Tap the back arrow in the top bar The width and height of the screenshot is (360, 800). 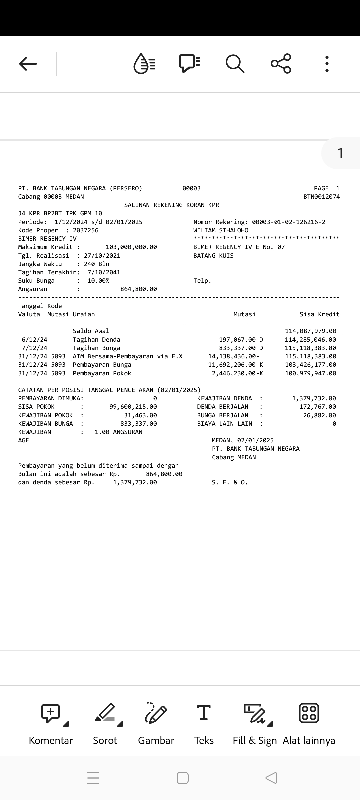click(x=28, y=64)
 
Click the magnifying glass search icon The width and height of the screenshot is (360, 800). click(x=235, y=63)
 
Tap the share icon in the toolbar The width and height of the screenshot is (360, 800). click(x=281, y=63)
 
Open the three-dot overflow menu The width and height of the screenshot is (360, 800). click(x=327, y=64)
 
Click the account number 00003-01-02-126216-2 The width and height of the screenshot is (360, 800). click(x=289, y=222)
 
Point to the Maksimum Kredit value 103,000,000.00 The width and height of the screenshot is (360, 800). click(x=131, y=247)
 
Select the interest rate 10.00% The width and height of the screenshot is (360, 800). click(x=98, y=281)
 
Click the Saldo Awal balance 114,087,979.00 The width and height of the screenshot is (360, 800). click(x=311, y=331)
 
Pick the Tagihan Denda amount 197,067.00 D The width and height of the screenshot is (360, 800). click(x=241, y=340)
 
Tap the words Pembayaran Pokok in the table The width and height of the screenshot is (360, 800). click(x=102, y=373)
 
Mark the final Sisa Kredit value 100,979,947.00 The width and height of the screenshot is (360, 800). click(x=311, y=373)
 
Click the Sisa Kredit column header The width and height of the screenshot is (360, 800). click(x=319, y=314)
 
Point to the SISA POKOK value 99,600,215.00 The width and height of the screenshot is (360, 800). click(x=133, y=407)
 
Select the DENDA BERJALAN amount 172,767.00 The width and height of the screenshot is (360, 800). click(x=318, y=407)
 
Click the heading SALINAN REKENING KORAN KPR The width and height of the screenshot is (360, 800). click(x=172, y=205)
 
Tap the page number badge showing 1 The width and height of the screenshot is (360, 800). click(x=340, y=153)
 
